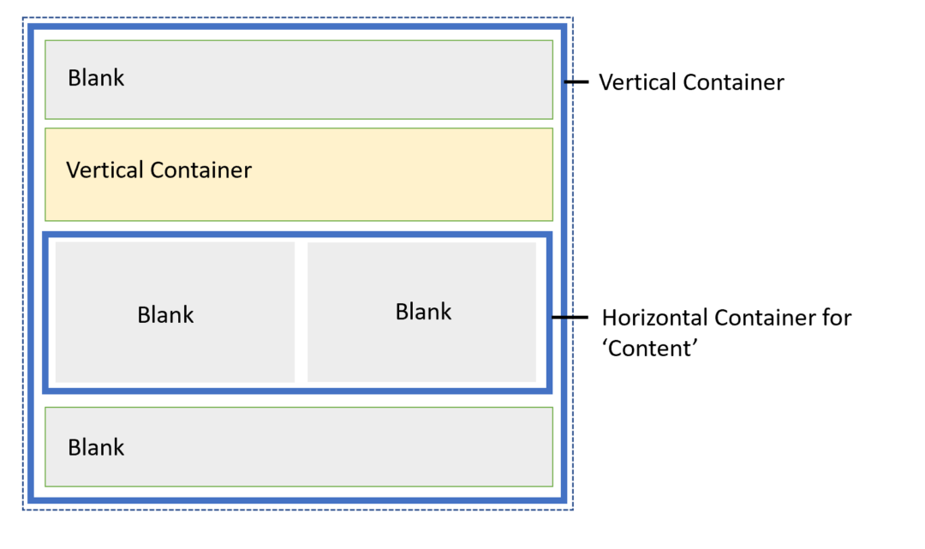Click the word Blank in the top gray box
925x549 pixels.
(x=96, y=78)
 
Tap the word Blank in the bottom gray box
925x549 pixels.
(x=96, y=447)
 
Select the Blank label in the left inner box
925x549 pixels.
(x=165, y=315)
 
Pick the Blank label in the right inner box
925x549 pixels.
(x=423, y=312)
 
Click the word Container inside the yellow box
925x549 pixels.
(x=200, y=170)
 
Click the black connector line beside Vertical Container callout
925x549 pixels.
(x=578, y=82)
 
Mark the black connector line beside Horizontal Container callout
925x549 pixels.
(x=570, y=318)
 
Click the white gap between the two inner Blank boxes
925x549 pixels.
(x=301, y=312)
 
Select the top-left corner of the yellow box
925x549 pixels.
(x=45, y=129)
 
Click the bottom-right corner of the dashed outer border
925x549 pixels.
(x=572, y=510)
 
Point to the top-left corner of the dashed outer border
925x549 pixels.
(x=22, y=18)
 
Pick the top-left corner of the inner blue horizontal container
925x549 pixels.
(x=45, y=235)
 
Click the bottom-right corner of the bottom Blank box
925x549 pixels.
(x=552, y=486)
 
